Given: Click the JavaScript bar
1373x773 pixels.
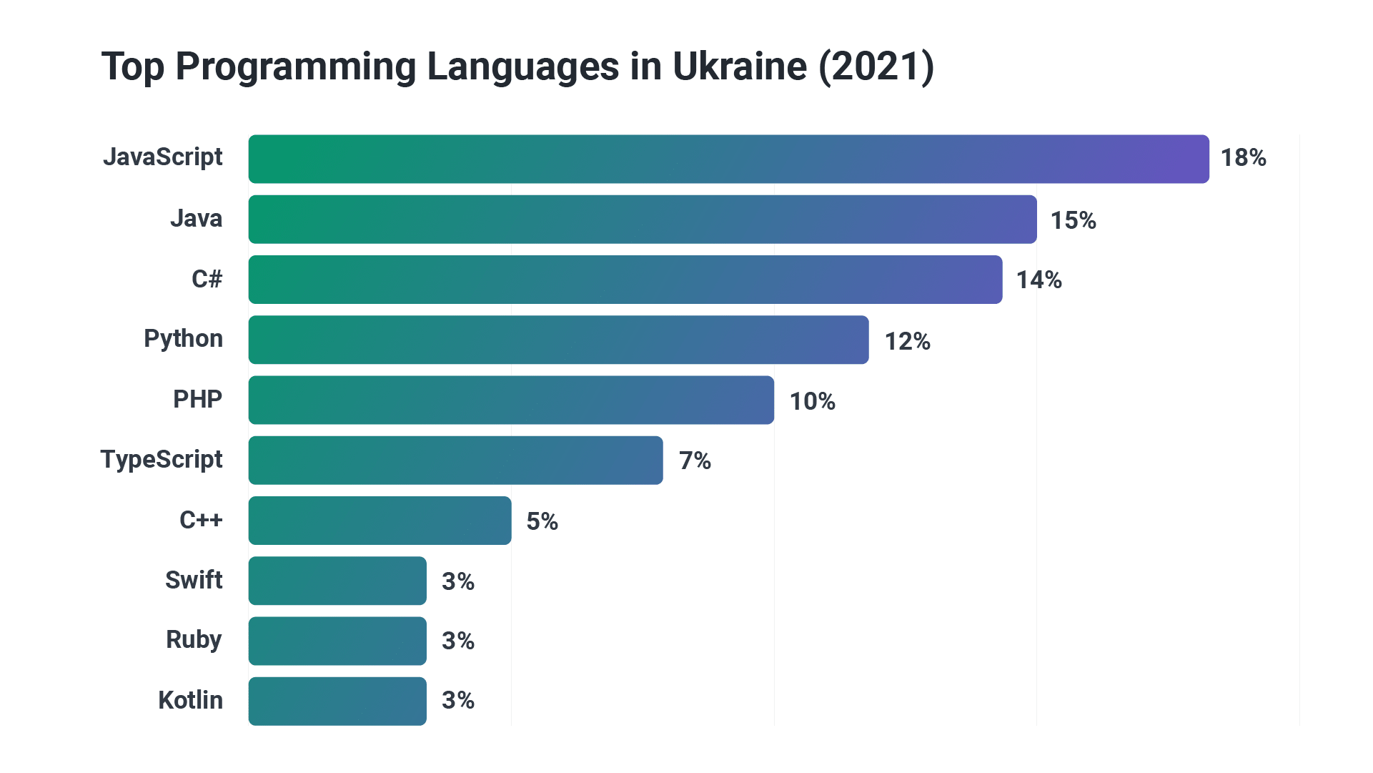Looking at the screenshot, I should click(x=728, y=159).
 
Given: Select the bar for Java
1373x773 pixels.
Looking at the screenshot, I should click(x=643, y=220).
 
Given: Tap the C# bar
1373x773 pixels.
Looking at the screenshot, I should click(x=625, y=280).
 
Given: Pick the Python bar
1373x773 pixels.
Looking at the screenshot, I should click(x=558, y=340).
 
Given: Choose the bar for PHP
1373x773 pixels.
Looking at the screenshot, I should click(x=511, y=400).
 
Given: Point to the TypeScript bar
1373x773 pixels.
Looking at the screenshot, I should click(x=455, y=461).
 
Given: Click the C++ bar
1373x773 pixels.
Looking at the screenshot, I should click(x=380, y=521).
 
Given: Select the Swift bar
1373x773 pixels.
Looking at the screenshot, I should click(x=337, y=581).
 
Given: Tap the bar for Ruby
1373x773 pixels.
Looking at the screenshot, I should click(x=337, y=641).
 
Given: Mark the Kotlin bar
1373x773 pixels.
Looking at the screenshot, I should click(x=337, y=701).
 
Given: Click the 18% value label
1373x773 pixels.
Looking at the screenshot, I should click(x=1243, y=158).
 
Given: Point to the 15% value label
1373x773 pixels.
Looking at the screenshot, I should click(x=1073, y=220).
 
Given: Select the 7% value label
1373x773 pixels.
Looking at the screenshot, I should click(x=695, y=461).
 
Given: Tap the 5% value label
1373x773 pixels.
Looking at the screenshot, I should click(x=542, y=521).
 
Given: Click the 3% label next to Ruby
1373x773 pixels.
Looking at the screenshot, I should click(x=457, y=641).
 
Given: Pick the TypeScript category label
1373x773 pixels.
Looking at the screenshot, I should click(x=162, y=459).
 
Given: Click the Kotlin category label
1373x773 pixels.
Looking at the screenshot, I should click(x=190, y=700).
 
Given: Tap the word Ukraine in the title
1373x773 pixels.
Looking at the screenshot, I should click(x=740, y=67).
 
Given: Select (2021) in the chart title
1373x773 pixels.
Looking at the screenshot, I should click(x=876, y=67).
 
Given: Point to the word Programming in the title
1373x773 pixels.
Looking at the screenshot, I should click(x=296, y=67).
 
